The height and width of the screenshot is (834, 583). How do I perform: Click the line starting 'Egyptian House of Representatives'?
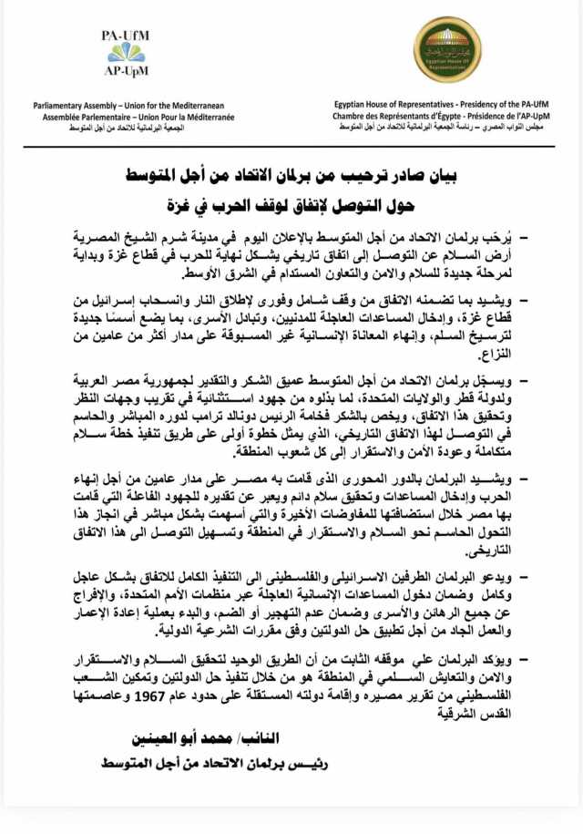pyautogui.click(x=446, y=106)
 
